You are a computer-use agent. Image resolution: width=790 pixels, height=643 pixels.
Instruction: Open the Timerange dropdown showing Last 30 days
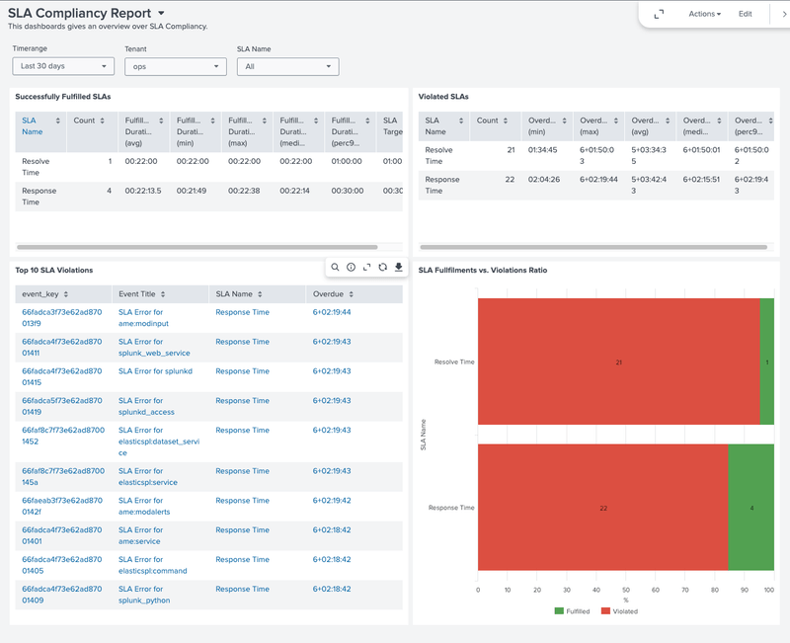[64, 66]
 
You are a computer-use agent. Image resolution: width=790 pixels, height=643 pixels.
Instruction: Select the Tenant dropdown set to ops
[176, 66]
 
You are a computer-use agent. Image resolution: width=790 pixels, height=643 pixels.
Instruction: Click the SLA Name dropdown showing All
[287, 66]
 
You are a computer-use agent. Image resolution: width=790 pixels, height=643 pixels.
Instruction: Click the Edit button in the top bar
[746, 14]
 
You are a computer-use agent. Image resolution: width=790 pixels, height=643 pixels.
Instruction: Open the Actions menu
[704, 14]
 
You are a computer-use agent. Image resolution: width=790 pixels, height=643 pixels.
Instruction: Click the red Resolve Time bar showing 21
[618, 362]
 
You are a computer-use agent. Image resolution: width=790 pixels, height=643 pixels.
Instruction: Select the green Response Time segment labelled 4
[751, 508]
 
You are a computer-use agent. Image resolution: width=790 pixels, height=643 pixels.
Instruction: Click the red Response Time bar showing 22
[602, 508]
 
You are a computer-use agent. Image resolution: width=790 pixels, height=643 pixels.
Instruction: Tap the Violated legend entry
[619, 611]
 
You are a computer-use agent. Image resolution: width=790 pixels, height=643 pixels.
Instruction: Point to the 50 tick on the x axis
[626, 591]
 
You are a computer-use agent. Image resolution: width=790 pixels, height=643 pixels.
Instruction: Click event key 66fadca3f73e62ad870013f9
[62, 317]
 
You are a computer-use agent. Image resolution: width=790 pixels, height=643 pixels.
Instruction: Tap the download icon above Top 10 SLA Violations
[398, 268]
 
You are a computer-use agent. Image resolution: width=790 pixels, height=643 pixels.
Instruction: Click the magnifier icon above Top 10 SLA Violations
[336, 268]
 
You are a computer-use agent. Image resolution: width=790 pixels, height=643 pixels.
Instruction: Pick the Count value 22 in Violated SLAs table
[511, 180]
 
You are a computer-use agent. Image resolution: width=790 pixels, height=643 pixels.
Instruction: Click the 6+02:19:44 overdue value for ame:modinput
[332, 312]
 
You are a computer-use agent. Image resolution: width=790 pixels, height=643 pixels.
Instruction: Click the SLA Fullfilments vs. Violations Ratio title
[483, 270]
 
